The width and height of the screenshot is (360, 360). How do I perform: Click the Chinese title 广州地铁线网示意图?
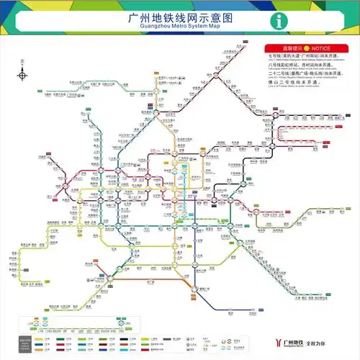(180, 17)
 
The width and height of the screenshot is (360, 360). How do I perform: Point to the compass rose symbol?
(23, 75)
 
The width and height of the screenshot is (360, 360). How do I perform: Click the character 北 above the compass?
(23, 62)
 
